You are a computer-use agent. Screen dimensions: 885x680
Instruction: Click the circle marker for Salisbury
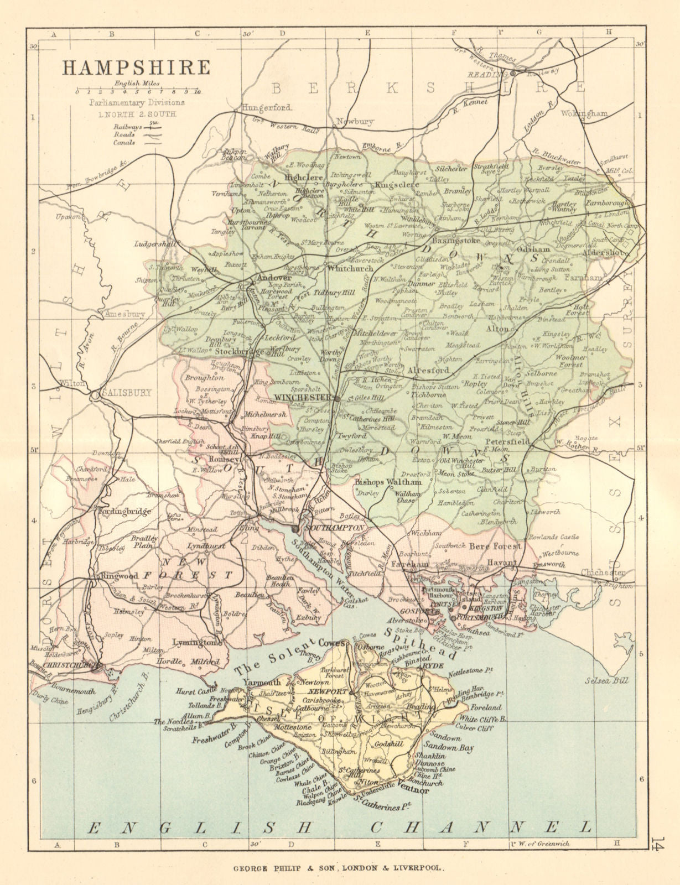[95, 395]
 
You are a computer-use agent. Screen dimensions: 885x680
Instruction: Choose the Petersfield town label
[507, 442]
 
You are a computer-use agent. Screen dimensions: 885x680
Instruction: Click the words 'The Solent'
[272, 658]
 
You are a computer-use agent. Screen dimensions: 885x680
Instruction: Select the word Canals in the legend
[124, 142]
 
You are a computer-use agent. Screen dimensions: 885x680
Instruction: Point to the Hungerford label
[266, 108]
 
